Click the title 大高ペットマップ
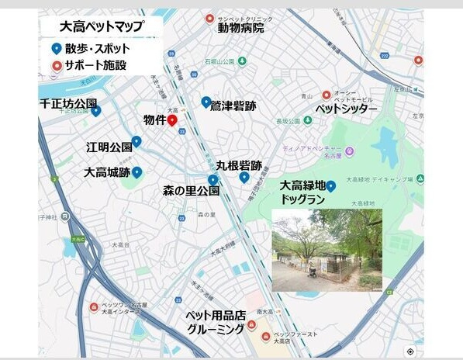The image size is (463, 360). pos(101,26)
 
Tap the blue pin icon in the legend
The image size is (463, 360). pos(55,48)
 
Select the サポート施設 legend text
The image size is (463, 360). pos(96,65)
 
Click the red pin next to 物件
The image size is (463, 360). pos(172,120)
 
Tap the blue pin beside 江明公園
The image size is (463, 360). pos(136,141)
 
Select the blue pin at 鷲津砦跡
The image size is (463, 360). pos(206,102)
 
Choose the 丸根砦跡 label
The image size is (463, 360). pos(238,164)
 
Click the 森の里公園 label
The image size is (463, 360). pos(191,190)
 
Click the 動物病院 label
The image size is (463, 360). pos(240,28)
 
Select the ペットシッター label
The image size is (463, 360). pos(346,109)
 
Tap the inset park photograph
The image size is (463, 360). pos(327,250)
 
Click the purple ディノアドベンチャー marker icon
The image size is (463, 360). pos(350,151)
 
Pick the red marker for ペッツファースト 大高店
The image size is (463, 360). pos(267,336)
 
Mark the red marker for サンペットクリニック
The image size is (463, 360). pos(209,18)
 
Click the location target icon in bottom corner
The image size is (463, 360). pos(410,351)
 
